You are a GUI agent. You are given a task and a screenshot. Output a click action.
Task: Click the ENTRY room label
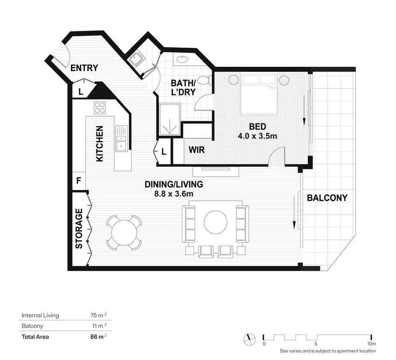click(x=84, y=68)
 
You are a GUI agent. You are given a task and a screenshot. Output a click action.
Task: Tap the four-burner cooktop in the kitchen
click(x=100, y=107)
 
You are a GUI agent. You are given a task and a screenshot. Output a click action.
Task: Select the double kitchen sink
click(x=122, y=139)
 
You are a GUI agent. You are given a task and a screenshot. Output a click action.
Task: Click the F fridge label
click(x=78, y=180)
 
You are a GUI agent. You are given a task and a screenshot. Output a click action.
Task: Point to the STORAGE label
click(x=79, y=228)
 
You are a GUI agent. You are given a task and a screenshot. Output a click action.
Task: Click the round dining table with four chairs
click(x=124, y=232)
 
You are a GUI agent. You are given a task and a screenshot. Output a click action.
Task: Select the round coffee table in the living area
click(x=215, y=222)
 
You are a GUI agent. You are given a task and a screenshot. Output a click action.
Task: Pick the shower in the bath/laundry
click(x=170, y=120)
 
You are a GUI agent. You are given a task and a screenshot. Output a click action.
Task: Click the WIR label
click(x=196, y=151)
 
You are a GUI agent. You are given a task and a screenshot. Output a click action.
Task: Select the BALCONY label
click(x=327, y=198)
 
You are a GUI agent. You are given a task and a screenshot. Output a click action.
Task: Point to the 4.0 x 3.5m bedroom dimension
click(x=257, y=136)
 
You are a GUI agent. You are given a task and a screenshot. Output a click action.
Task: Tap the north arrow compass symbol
click(x=250, y=338)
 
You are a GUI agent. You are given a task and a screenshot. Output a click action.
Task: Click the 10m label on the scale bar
click(x=371, y=344)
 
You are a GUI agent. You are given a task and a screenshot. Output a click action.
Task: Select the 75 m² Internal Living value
click(x=99, y=315)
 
